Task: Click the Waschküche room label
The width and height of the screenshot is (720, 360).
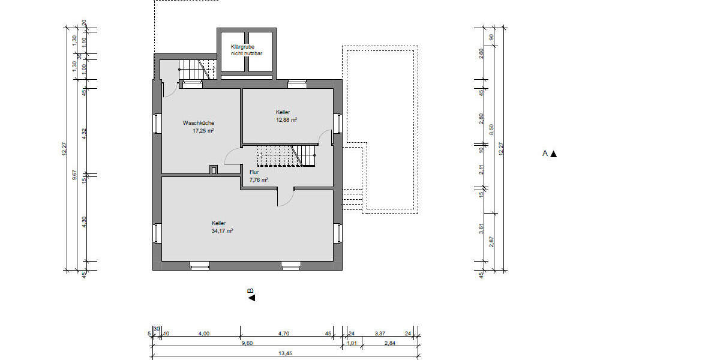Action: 199,123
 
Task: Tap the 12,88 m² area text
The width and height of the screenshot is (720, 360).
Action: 287,119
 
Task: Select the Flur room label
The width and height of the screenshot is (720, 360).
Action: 254,172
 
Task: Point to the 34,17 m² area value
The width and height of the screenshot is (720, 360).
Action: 222,230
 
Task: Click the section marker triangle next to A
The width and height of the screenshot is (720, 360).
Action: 554,154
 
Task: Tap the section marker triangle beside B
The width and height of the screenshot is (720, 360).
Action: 251,298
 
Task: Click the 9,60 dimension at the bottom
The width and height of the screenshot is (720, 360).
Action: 247,343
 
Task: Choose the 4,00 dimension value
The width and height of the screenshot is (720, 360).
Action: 204,333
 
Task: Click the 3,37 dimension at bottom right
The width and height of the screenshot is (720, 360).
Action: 380,333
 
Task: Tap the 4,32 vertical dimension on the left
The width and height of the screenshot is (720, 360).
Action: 84,134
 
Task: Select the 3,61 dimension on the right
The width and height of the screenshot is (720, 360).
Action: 481,229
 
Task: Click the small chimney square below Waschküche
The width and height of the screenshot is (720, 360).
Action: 214,170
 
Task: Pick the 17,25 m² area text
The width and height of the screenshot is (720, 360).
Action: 203,130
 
